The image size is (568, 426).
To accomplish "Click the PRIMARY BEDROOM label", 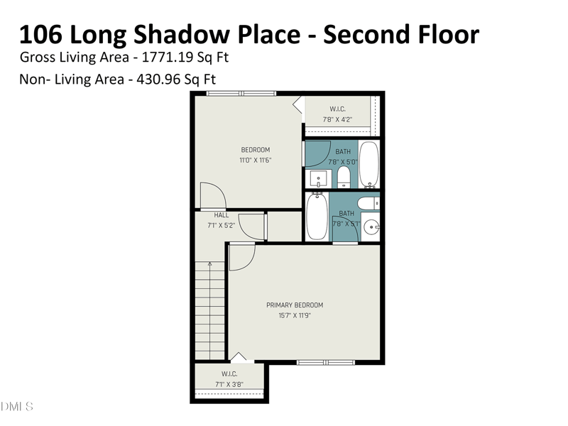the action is pyautogui.click(x=295, y=305).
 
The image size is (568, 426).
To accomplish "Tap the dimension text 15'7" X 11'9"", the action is pyautogui.click(x=295, y=315).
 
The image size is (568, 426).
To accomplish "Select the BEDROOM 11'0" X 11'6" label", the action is pyautogui.click(x=256, y=155).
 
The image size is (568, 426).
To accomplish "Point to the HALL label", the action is pyautogui.click(x=221, y=215).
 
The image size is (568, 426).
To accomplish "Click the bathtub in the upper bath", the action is pyautogui.click(x=369, y=165).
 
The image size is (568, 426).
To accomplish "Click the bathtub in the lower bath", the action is pyautogui.click(x=317, y=217).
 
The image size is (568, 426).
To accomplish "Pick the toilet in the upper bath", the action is pyautogui.click(x=344, y=177).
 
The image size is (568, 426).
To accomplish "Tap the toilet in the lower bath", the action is pyautogui.click(x=368, y=203).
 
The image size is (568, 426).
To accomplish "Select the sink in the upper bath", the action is pyautogui.click(x=318, y=179).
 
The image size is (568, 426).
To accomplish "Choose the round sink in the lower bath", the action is pyautogui.click(x=371, y=227).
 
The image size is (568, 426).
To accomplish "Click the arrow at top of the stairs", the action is pyautogui.click(x=209, y=263).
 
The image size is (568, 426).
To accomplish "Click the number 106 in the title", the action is pyautogui.click(x=40, y=34).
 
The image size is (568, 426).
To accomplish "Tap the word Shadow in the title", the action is pyautogui.click(x=182, y=34).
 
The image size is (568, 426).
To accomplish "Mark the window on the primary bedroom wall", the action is pyautogui.click(x=326, y=362).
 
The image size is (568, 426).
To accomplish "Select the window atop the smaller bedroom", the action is pyautogui.click(x=241, y=94).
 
